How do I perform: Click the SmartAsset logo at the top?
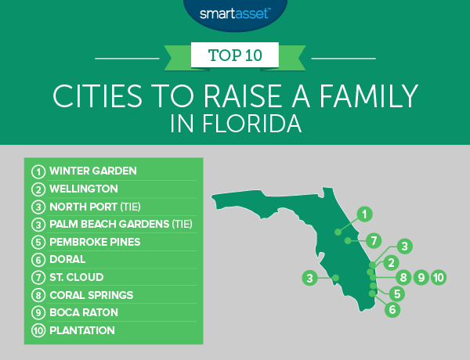click(234, 11)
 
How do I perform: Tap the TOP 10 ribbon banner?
click(235, 56)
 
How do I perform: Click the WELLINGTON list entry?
click(83, 189)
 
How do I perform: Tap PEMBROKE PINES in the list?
click(95, 242)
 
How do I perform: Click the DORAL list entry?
click(67, 260)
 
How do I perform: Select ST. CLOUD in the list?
click(77, 277)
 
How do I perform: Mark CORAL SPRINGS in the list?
click(92, 295)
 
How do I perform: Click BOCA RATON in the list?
click(84, 313)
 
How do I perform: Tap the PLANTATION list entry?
click(81, 331)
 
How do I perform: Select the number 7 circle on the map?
click(375, 239)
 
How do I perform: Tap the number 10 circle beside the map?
click(438, 276)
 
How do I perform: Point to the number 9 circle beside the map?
click(421, 276)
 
